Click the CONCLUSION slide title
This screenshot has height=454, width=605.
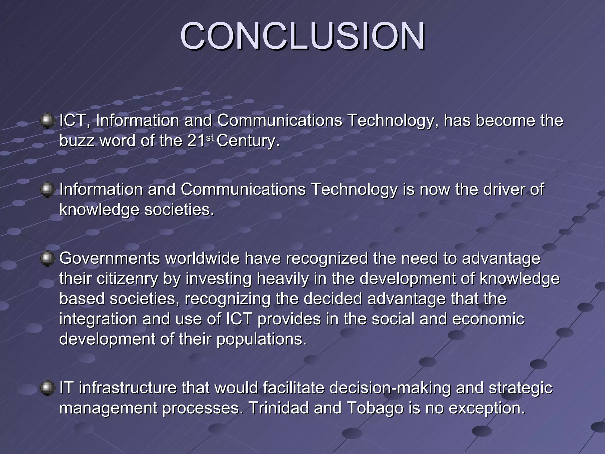tap(302, 36)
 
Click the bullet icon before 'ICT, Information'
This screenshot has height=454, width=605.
tap(47, 121)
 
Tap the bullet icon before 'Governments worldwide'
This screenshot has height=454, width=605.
tap(47, 259)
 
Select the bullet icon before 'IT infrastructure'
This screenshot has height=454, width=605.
tap(47, 388)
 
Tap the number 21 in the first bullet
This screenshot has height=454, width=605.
tap(196, 141)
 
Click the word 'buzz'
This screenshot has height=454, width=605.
tap(77, 141)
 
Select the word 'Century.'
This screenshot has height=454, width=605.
tap(248, 141)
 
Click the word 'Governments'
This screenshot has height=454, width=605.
tap(110, 258)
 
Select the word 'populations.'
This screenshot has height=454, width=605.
tap(262, 339)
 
